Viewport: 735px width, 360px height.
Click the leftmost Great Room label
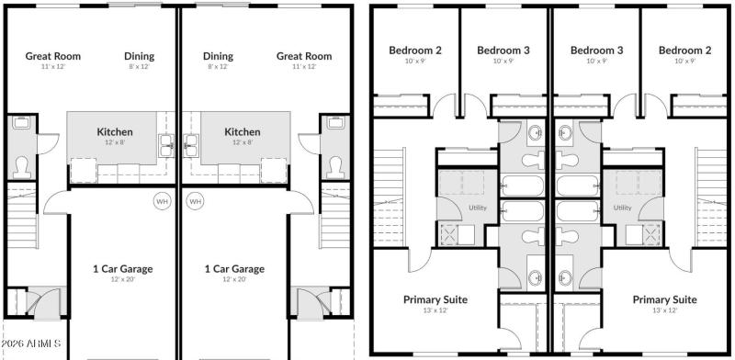(52, 56)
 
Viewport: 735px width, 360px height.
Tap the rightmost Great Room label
(304, 56)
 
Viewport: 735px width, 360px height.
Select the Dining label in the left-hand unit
(140, 56)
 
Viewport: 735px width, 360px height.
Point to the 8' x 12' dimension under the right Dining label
(218, 67)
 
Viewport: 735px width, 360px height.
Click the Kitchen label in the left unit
(115, 132)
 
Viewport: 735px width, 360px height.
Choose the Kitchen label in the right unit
(243, 132)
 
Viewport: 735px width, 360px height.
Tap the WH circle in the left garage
(162, 200)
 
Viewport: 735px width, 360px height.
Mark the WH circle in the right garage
(195, 200)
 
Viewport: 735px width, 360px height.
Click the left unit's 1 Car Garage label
(122, 269)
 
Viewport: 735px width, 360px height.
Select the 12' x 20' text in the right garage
(233, 279)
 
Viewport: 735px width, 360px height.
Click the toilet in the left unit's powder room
(21, 166)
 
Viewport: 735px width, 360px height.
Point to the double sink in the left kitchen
(167, 142)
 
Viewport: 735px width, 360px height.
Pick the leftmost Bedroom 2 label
(415, 51)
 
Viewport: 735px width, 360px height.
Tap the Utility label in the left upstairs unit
(478, 208)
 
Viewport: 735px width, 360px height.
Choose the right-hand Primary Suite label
(664, 300)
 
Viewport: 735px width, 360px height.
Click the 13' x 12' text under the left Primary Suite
(435, 310)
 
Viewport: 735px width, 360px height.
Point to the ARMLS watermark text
(32, 343)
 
